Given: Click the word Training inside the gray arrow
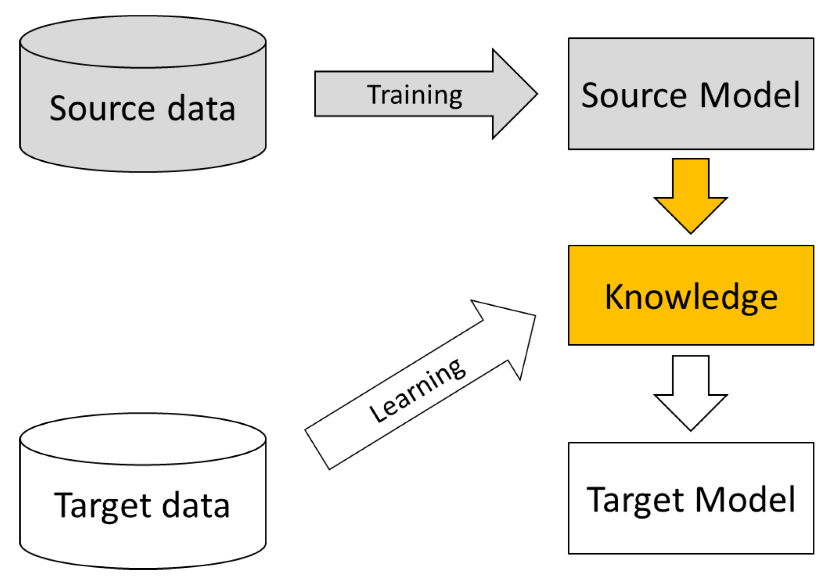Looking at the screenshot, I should pos(415,95).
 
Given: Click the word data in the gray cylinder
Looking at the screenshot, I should pos(201,108).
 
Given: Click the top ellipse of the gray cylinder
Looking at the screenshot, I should pos(143,41).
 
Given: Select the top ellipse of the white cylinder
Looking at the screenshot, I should pos(143,438).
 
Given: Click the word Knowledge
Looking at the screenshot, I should pos(690,297).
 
